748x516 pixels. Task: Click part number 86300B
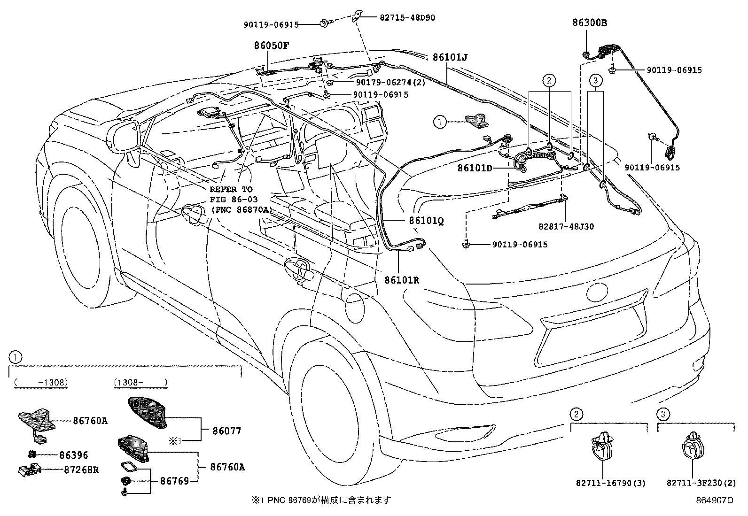coord(590,22)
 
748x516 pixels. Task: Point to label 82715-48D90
coord(407,17)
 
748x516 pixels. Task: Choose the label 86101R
coord(402,280)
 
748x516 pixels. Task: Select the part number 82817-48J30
coord(566,226)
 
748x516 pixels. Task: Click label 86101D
coord(475,168)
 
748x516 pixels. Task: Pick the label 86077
coord(226,431)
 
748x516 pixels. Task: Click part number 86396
coord(74,455)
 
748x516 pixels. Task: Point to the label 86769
coord(174,481)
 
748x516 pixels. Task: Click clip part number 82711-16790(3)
coord(603,483)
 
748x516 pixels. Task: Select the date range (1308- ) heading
coord(140,383)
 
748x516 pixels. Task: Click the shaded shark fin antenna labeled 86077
coord(149,412)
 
